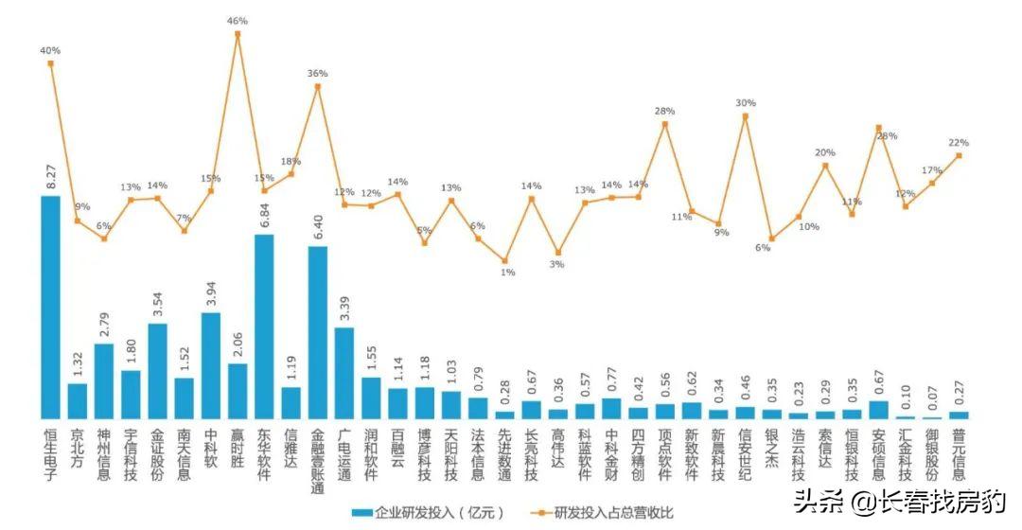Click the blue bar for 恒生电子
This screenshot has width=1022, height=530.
click(x=50, y=307)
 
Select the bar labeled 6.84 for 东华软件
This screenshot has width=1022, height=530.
click(x=264, y=326)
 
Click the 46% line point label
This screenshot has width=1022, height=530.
click(x=237, y=21)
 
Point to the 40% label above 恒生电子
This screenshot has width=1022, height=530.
click(x=50, y=50)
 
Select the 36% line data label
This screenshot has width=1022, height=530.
click(x=318, y=73)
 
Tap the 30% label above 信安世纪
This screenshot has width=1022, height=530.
click(x=746, y=103)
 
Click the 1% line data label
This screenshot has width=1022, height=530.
click(x=507, y=273)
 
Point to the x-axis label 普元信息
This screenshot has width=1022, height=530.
click(x=960, y=452)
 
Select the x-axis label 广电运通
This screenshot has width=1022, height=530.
click(x=344, y=452)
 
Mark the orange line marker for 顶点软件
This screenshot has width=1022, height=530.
click(x=665, y=122)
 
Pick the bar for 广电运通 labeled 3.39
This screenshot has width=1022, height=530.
click(x=344, y=372)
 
